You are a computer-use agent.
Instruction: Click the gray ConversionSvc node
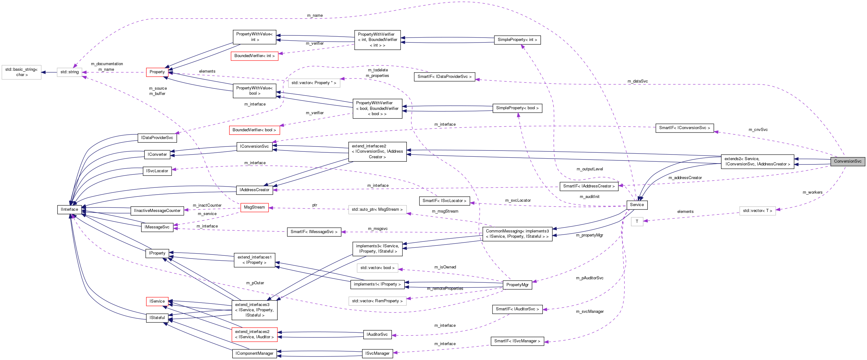point(847,161)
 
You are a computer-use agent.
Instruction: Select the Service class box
point(637,205)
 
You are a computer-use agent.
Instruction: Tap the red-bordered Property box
point(157,72)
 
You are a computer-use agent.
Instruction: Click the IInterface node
point(69,209)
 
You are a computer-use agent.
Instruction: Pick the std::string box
point(69,72)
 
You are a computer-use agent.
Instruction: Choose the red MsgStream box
point(254,207)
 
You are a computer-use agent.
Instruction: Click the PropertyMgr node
point(517,285)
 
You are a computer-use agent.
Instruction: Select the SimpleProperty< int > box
point(517,40)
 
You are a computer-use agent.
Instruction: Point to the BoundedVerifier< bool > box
point(254,130)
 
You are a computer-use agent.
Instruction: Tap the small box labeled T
point(637,221)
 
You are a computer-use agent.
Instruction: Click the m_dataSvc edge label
point(637,81)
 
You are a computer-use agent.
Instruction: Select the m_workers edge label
point(812,192)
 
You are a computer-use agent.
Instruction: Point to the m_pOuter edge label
point(255,283)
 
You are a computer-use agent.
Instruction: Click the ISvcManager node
point(377,353)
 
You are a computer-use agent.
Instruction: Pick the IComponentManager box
point(254,353)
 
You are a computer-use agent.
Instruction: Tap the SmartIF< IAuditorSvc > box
point(517,309)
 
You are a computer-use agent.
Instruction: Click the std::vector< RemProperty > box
point(377,301)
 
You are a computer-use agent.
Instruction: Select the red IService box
point(157,301)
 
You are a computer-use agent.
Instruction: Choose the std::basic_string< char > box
point(21,72)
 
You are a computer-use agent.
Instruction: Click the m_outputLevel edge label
point(589,169)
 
